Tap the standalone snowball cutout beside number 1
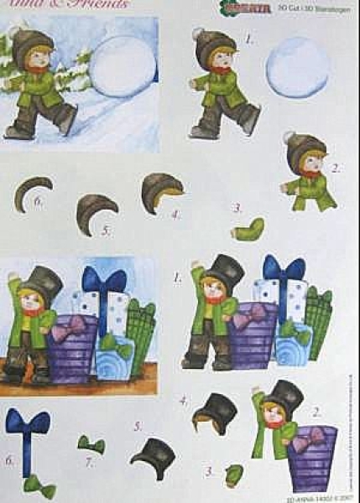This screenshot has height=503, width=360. (297, 66)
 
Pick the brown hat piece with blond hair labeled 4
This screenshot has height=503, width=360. (162, 192)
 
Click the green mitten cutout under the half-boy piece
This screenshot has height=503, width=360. (249, 228)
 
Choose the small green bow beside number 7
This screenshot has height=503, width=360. (91, 444)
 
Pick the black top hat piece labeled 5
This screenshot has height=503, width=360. (153, 457)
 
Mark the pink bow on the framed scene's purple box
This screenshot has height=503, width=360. (67, 330)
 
